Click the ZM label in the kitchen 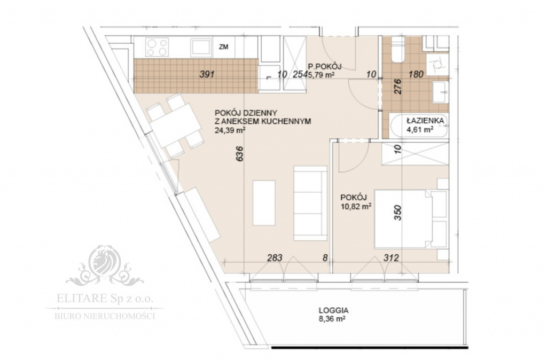[224, 47]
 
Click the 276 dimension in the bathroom [397, 87]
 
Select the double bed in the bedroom [409, 219]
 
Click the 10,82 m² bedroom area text [356, 204]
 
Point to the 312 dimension [392, 259]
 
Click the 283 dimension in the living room [274, 259]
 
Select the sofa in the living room [310, 204]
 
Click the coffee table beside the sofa [264, 203]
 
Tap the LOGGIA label [333, 309]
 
